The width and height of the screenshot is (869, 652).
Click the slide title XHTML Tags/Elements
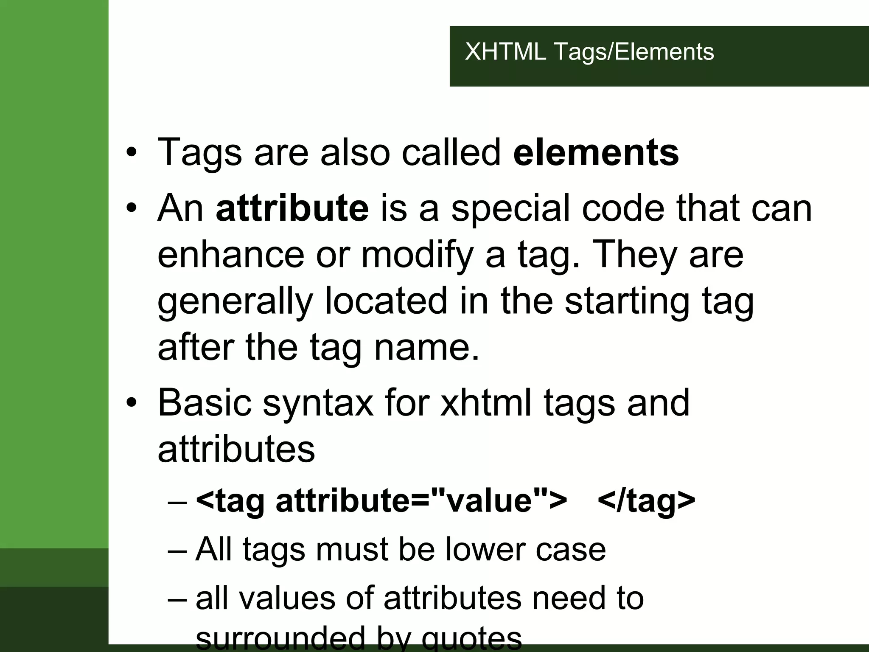pyautogui.click(x=589, y=52)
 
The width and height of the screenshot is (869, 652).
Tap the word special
pyautogui.click(x=510, y=209)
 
